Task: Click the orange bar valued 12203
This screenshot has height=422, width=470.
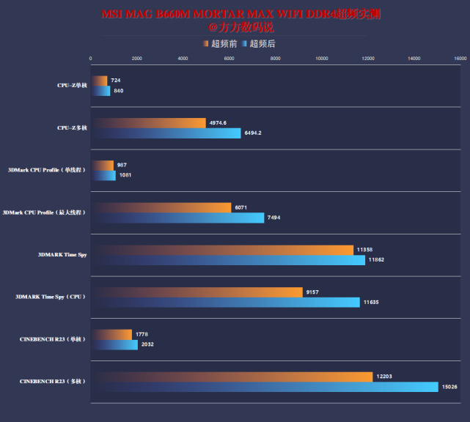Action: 232,377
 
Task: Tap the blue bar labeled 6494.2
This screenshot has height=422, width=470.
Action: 166,133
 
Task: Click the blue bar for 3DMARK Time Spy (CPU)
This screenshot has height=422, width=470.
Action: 225,303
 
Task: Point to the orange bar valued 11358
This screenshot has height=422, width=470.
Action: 222,250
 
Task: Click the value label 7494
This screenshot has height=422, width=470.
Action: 273,218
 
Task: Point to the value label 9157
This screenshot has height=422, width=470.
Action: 313,292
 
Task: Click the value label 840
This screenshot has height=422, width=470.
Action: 118,91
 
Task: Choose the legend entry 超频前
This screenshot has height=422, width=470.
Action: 220,44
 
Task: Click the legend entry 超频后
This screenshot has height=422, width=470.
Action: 259,44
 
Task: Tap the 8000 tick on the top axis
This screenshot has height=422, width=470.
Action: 276,58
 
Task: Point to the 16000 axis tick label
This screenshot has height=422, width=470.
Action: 460,58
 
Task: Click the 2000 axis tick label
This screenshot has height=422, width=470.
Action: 137,58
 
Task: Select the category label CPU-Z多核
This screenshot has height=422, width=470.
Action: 72,128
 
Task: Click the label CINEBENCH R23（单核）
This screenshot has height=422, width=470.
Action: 53,339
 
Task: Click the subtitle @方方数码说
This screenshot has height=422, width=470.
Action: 241,27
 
